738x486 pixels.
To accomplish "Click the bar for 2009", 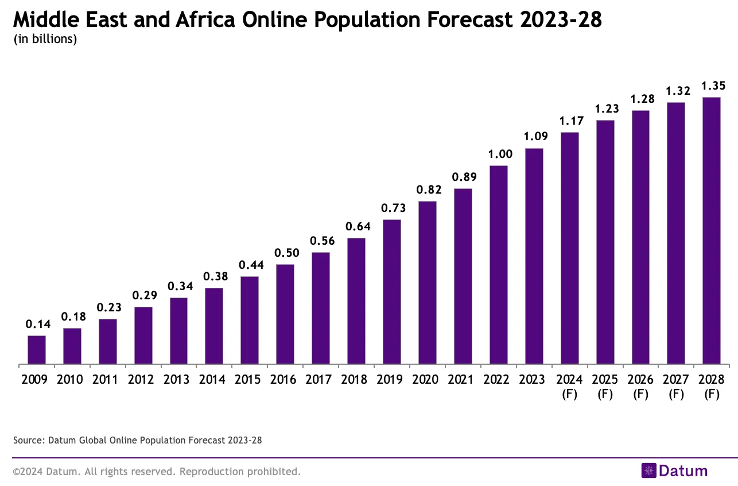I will (x=37, y=350).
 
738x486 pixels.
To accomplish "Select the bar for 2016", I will (x=285, y=314).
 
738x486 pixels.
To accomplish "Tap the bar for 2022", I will (x=499, y=265).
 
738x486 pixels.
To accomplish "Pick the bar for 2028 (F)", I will (x=712, y=230).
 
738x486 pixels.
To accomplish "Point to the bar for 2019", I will (x=392, y=292).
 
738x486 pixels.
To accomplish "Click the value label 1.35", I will (x=713, y=86).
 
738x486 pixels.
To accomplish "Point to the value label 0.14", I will (x=38, y=325).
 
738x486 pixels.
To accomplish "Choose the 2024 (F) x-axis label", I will (x=570, y=387).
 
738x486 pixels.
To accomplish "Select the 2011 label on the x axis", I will (x=107, y=380).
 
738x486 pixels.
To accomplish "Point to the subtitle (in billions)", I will (x=45, y=40).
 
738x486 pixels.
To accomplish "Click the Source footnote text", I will (x=137, y=441).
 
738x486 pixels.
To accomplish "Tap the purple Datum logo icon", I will (x=648, y=471).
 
